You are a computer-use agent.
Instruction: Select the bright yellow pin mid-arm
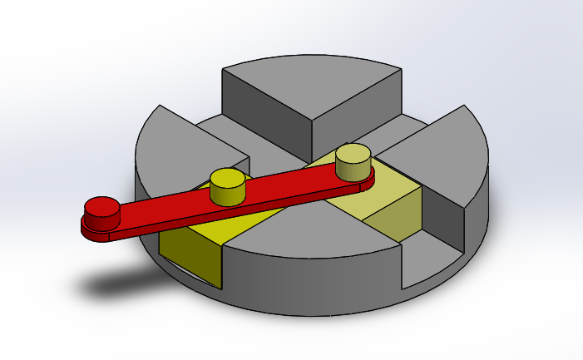click(227, 185)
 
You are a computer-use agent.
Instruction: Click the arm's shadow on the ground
click(125, 284)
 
